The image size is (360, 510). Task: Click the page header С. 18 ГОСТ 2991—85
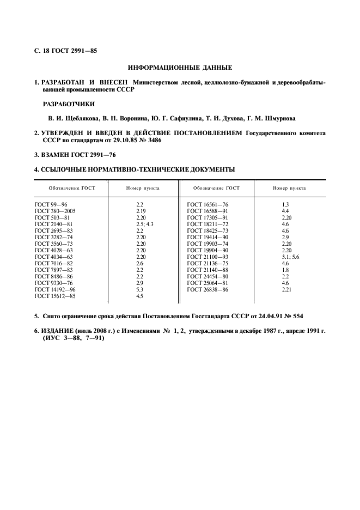click(x=66, y=51)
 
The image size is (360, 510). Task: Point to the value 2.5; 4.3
click(x=145, y=223)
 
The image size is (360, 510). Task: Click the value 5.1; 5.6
click(x=290, y=257)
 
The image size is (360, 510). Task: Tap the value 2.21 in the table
click(x=287, y=290)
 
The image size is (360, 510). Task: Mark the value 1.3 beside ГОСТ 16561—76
click(x=285, y=204)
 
